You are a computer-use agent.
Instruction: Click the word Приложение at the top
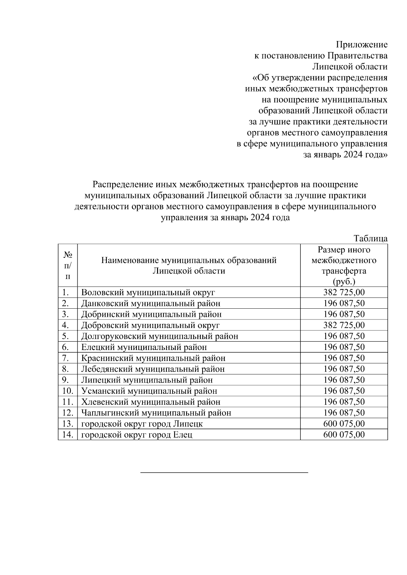coord(362,45)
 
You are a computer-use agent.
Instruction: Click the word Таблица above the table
coord(370,238)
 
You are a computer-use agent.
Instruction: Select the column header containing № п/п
coord(68,265)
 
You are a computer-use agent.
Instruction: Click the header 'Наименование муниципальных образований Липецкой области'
coord(189,265)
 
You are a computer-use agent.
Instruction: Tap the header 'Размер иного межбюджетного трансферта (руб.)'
coord(344,265)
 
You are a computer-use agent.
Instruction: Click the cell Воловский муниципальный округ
coord(148,292)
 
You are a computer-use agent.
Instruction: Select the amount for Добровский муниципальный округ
coord(344,325)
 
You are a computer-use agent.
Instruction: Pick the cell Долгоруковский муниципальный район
coord(159,336)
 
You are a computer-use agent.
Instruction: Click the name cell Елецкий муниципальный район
coord(144,347)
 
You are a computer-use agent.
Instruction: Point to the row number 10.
coord(68,391)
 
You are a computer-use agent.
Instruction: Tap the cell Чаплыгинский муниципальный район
coord(156,413)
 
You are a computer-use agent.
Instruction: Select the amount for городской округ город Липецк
coord(344,424)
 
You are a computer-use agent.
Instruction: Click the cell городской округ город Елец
coord(137,435)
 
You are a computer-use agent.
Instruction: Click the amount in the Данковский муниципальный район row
coord(344,303)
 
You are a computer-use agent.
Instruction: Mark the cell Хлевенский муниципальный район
coord(151,402)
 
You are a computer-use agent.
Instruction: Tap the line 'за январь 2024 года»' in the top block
coord(345,155)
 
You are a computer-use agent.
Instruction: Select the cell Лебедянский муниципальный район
coord(153,369)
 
